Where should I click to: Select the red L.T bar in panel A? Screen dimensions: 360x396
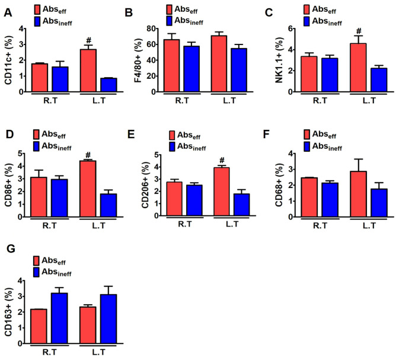[x=88, y=70]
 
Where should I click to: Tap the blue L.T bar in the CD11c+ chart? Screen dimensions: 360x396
[x=108, y=85]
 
